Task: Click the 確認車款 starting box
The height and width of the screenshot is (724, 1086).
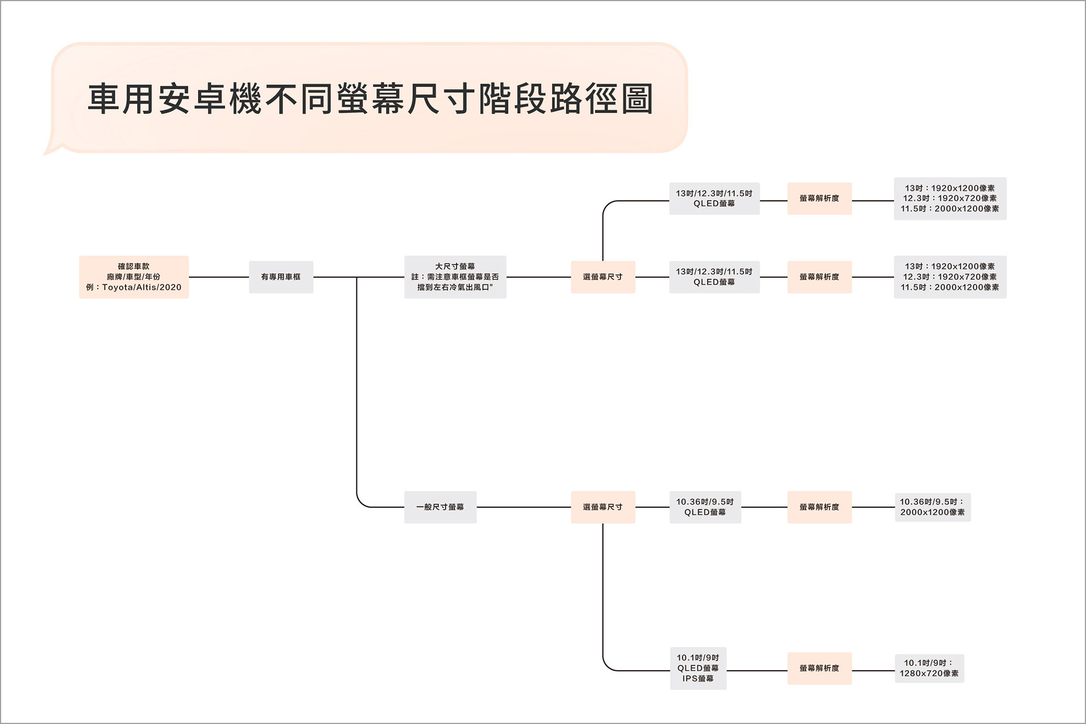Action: [133, 277]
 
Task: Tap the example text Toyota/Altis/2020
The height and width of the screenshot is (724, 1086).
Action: [141, 287]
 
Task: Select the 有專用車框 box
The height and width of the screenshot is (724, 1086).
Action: [281, 277]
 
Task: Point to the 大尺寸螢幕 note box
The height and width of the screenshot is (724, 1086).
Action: [455, 277]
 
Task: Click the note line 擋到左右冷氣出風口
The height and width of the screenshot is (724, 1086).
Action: [455, 287]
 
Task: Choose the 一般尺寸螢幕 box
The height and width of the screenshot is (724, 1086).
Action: [440, 507]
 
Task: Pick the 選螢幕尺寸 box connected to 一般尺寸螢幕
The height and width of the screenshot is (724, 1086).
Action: [602, 507]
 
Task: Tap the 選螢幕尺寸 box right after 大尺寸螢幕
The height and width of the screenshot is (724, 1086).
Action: [602, 277]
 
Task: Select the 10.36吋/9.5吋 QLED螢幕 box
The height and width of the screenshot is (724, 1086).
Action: [705, 507]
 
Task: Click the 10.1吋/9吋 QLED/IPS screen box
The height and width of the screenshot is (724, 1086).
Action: [697, 668]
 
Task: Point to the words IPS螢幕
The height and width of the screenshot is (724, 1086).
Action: [697, 679]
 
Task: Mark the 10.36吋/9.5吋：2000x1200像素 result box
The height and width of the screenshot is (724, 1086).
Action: [932, 507]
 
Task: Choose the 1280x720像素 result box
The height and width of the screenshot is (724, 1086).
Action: [929, 669]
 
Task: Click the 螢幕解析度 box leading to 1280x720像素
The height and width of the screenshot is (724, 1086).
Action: [819, 668]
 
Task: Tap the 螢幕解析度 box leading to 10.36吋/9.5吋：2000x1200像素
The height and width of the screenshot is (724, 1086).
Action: [819, 507]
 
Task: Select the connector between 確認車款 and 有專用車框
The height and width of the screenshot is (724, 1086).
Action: [218, 277]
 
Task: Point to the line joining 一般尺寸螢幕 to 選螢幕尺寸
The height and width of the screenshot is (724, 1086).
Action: [523, 507]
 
